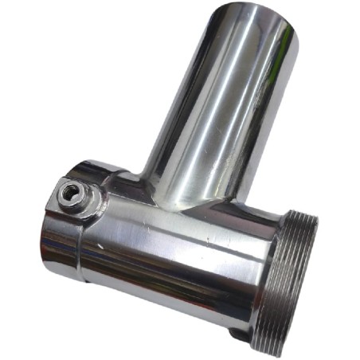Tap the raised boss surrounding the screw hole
pos(80,201)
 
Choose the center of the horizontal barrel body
pos(175,255)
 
